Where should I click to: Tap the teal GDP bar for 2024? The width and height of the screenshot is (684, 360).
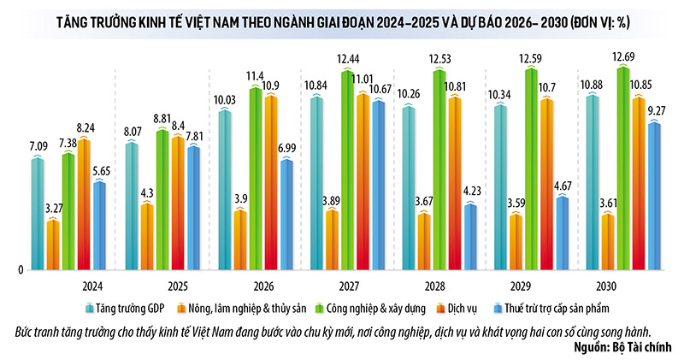point(37,214)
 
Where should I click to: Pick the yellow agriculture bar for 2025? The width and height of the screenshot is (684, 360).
point(148,237)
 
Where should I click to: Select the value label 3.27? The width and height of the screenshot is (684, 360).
point(53,207)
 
